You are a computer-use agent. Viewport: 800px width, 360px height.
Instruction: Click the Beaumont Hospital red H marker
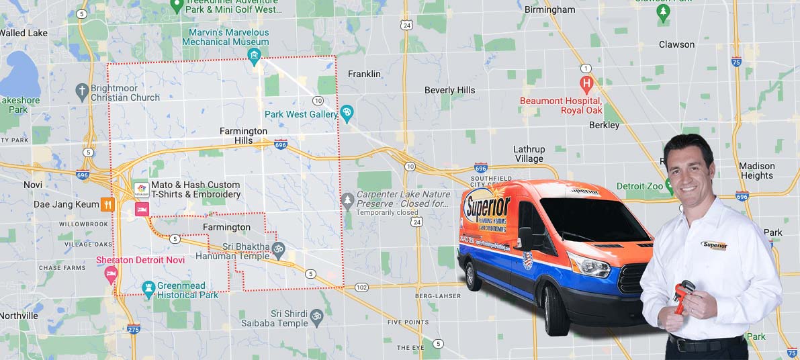(x=586, y=85)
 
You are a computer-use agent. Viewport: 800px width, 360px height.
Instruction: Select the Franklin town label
(x=364, y=74)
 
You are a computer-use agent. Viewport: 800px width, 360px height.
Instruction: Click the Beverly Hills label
(x=449, y=90)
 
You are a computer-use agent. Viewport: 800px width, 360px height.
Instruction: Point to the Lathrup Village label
(x=529, y=154)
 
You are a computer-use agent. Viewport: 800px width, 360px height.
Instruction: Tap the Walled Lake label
(x=24, y=33)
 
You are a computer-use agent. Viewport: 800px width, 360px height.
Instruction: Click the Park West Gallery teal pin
(x=347, y=113)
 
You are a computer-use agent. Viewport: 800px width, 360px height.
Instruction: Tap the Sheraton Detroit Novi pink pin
(x=111, y=273)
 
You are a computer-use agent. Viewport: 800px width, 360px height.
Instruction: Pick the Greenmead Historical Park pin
(x=149, y=289)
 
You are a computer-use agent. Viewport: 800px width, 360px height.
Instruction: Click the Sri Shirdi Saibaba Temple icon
(x=316, y=316)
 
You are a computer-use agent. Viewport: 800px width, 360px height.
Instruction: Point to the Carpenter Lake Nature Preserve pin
(x=347, y=199)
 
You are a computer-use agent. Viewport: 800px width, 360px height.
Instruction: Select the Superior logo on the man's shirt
(x=714, y=245)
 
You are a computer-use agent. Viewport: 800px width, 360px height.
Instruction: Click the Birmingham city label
(x=550, y=9)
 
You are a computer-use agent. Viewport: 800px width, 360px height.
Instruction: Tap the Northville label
(x=19, y=316)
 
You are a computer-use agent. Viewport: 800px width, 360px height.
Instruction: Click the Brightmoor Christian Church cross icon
(x=82, y=90)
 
